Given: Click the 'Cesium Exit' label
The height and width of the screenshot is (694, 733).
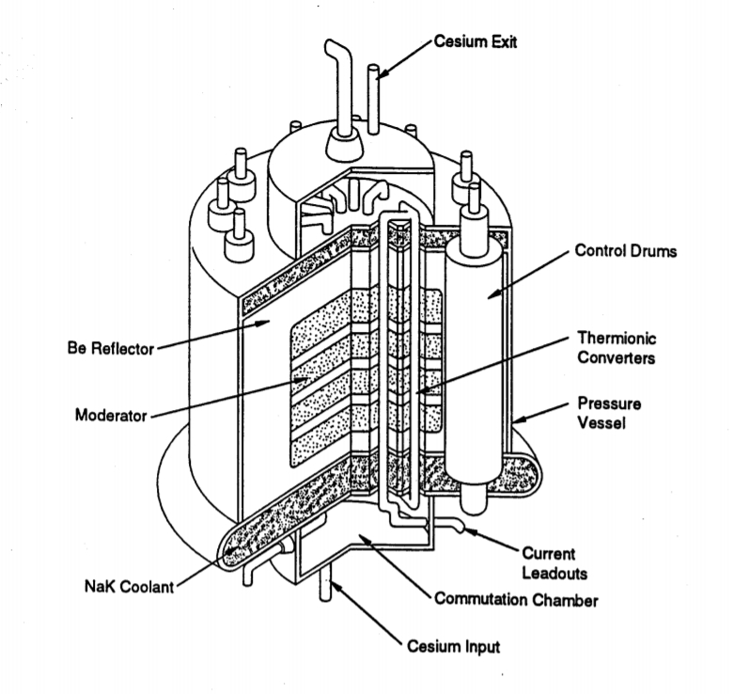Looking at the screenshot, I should click(x=476, y=42).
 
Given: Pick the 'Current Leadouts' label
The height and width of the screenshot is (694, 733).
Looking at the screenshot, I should click(x=549, y=562).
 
